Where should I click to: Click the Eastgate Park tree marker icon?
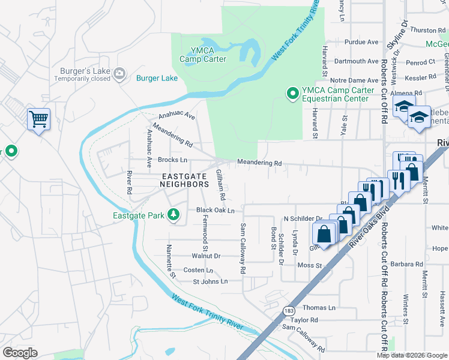point(174,214)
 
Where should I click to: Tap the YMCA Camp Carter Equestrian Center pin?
point(292,93)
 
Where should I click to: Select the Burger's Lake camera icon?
point(120,73)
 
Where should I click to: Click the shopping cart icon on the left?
point(38,119)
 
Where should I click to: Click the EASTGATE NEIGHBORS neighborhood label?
point(185,180)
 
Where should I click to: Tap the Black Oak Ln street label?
point(215,211)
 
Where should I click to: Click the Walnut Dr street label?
point(206,256)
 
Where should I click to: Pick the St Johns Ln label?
point(210,281)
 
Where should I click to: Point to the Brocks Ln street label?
point(172,160)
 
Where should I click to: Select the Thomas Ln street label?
point(319,308)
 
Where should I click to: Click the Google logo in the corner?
point(20,353)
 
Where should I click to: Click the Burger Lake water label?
point(157,78)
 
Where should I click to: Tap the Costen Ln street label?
point(198,271)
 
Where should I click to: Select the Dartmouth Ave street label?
point(357,61)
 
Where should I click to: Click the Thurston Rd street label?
point(427,30)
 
